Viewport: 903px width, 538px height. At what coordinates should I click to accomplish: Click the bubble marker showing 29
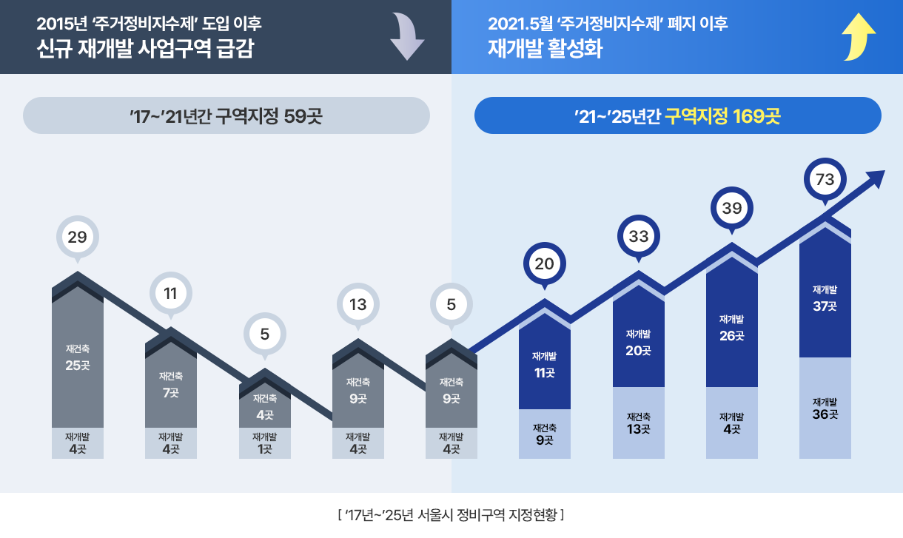point(77,238)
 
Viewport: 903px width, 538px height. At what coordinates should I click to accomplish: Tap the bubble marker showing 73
point(825,179)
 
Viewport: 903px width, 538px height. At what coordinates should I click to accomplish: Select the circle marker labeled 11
point(170,293)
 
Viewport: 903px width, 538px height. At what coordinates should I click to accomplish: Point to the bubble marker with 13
point(357,304)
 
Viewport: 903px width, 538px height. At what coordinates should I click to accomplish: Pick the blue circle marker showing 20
point(545,264)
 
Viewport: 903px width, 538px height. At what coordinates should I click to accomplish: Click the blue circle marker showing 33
point(638,237)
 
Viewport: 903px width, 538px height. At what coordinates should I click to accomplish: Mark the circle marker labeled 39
point(731,209)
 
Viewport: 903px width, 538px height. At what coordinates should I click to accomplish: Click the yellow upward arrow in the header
point(859,36)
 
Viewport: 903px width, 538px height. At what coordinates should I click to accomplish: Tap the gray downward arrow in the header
point(407,36)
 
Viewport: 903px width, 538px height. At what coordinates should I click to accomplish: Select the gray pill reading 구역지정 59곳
point(226,115)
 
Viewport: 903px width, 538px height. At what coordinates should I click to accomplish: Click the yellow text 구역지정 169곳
point(722,115)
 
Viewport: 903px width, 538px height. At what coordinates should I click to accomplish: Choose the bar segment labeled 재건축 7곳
point(171,385)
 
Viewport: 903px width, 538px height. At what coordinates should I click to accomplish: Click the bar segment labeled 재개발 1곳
point(264,443)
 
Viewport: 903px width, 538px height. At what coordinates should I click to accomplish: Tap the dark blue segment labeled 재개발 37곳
point(825,298)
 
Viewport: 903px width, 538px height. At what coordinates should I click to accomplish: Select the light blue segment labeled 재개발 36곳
point(825,408)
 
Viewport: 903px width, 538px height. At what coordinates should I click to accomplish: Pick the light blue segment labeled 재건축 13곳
point(638,423)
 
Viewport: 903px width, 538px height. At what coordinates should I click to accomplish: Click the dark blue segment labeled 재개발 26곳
point(731,328)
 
